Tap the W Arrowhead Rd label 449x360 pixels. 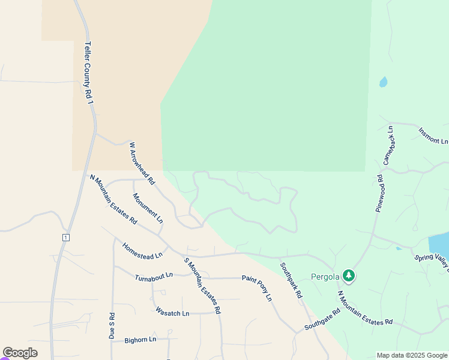142,163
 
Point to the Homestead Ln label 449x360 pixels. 142,251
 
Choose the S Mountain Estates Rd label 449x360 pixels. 202,286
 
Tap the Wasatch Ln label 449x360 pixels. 172,313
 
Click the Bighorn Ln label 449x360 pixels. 140,340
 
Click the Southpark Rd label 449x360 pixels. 291,280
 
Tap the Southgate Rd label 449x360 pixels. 322,319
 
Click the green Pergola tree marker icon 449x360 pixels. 349,276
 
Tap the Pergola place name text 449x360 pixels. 325,277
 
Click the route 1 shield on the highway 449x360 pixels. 65,238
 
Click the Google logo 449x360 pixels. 20,353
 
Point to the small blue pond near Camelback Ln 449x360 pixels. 383,82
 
